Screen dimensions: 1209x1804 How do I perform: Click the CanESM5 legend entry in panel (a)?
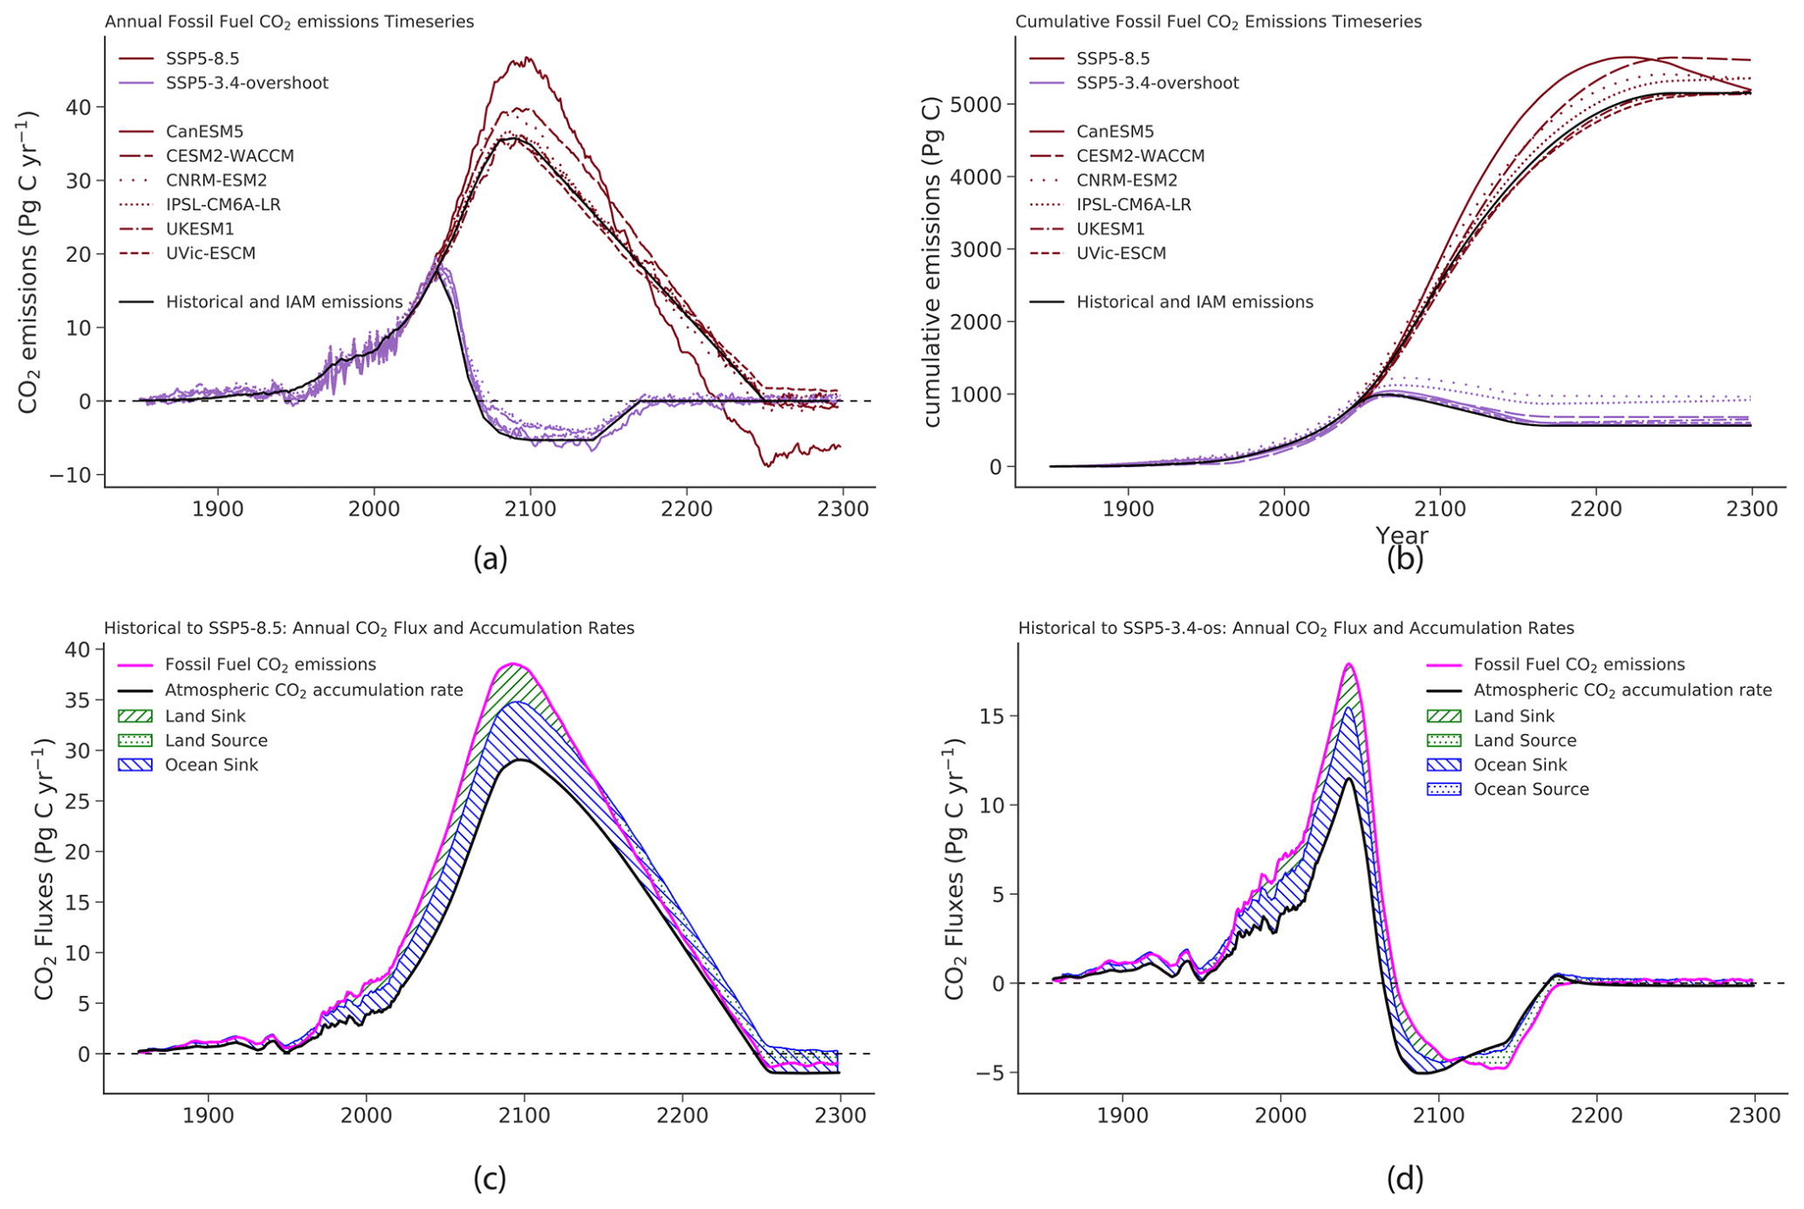point(204,132)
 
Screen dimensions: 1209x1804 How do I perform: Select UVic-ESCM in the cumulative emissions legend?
point(1121,253)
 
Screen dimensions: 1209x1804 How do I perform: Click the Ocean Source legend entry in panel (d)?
point(1531,789)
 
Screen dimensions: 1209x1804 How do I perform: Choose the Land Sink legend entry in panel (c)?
point(205,716)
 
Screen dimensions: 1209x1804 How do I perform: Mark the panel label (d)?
point(1404,1179)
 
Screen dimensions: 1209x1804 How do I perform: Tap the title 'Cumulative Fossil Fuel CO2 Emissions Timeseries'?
point(1218,22)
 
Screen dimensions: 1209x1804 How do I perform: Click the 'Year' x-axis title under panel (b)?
point(1402,535)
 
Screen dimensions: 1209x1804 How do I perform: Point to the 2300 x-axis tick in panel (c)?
point(840,1115)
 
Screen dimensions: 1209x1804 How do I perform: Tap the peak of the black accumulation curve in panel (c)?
point(521,759)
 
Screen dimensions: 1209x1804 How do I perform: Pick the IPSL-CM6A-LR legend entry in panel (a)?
point(223,204)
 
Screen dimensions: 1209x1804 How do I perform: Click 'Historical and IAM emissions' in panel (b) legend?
point(1194,302)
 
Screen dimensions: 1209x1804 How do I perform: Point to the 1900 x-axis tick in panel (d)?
point(1122,1115)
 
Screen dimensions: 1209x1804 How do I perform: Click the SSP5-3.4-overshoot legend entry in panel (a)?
point(247,83)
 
